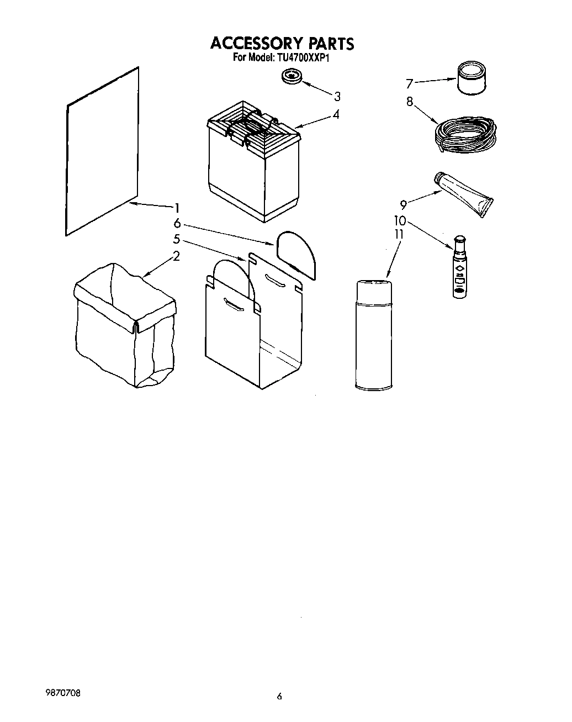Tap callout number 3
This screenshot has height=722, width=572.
tap(337, 96)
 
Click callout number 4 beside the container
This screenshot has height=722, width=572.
tap(336, 115)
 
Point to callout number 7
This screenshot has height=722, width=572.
tap(409, 84)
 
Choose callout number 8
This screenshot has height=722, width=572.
tap(409, 102)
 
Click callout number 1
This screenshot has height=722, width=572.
tap(177, 208)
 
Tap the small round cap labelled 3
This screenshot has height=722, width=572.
tap(291, 77)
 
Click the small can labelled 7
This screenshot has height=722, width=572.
tap(471, 79)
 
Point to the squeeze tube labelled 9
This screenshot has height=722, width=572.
tap(465, 192)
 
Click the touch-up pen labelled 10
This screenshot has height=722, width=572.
tap(459, 267)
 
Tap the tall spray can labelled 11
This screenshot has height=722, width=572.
tap(374, 335)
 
